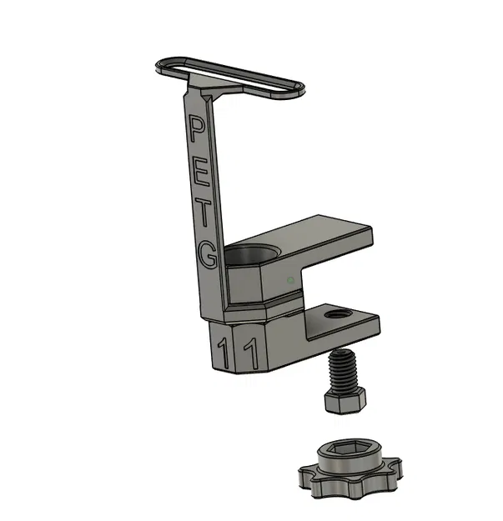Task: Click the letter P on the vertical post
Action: tap(197, 129)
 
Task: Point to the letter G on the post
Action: tap(209, 255)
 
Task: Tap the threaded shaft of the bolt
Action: tap(341, 372)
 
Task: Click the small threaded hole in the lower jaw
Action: tap(339, 315)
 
